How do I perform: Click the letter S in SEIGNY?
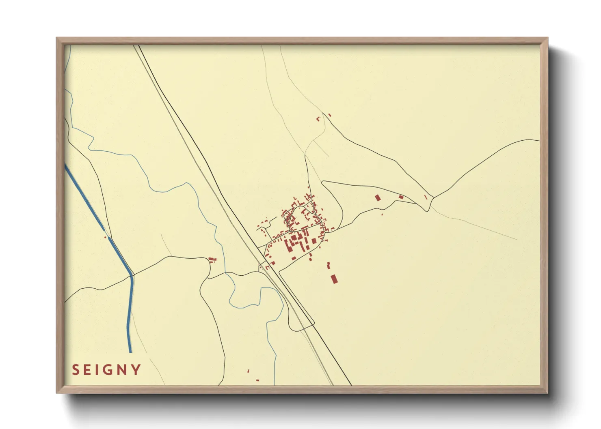[76, 370]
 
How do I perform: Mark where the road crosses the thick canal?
[132, 275]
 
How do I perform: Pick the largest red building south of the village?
[334, 279]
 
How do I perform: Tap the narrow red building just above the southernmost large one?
[329, 266]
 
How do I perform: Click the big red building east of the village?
[378, 197]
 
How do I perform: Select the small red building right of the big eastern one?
[401, 197]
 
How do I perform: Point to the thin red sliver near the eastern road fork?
[426, 197]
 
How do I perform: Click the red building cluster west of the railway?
[212, 260]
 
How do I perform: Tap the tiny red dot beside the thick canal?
[105, 237]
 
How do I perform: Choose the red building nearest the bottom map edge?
[257, 380]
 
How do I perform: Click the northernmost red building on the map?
[329, 115]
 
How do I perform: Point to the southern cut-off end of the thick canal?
[130, 351]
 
